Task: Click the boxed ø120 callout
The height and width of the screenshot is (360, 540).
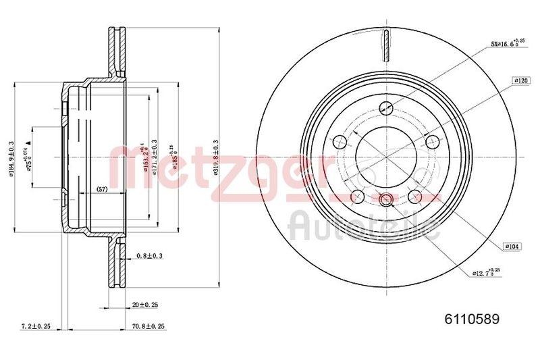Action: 520,80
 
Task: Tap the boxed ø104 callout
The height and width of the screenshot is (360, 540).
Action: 511,247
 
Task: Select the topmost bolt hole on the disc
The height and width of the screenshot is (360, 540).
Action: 386,106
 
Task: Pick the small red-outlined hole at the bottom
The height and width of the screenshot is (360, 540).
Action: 386,199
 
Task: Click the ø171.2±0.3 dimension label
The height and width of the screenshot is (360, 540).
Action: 155,157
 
